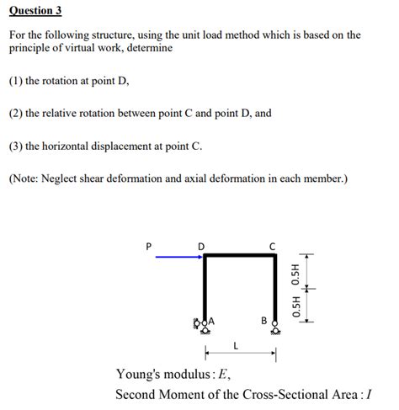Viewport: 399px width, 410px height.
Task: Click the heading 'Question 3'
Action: [35, 11]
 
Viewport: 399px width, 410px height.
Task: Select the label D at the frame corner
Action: [200, 245]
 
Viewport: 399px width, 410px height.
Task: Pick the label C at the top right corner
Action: [272, 245]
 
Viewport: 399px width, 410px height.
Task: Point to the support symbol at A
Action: [199, 322]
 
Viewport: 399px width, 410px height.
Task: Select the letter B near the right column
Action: [263, 321]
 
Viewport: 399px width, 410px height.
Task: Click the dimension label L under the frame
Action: [237, 344]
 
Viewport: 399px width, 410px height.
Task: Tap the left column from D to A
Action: [205, 286]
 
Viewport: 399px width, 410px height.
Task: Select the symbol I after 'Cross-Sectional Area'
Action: [368, 393]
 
